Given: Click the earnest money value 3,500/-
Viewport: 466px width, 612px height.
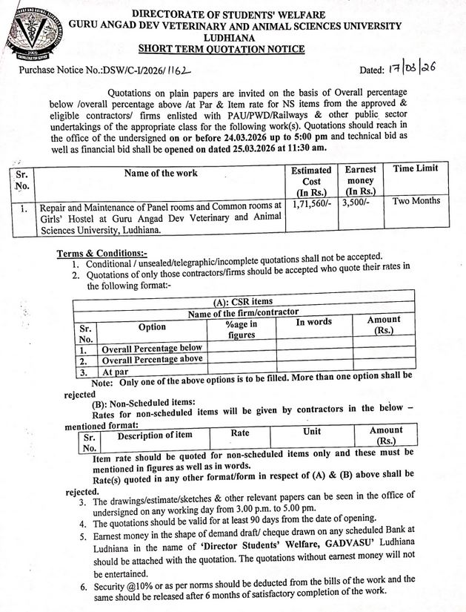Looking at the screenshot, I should [356, 201].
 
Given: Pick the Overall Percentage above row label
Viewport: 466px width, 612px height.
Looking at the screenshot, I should [153, 360].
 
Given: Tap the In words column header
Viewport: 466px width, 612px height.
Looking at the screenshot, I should [314, 323].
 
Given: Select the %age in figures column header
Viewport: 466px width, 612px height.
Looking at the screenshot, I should [242, 329].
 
